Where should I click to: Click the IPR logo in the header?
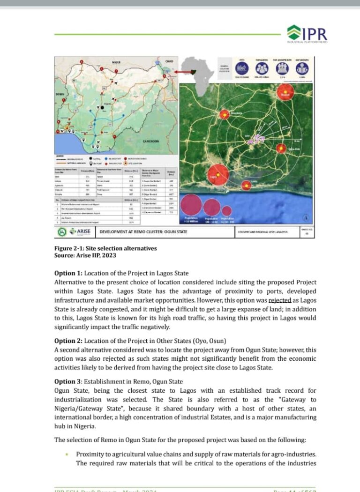pyautogui.click(x=307, y=33)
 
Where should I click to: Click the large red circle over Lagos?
pyautogui.click(x=217, y=174)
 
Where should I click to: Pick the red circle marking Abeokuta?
pyautogui.click(x=225, y=115)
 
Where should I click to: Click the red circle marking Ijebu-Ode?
pyautogui.click(x=281, y=149)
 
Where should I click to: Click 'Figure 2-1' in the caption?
pyautogui.click(x=70, y=248)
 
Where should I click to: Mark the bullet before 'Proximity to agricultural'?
pyautogui.click(x=67, y=454)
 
